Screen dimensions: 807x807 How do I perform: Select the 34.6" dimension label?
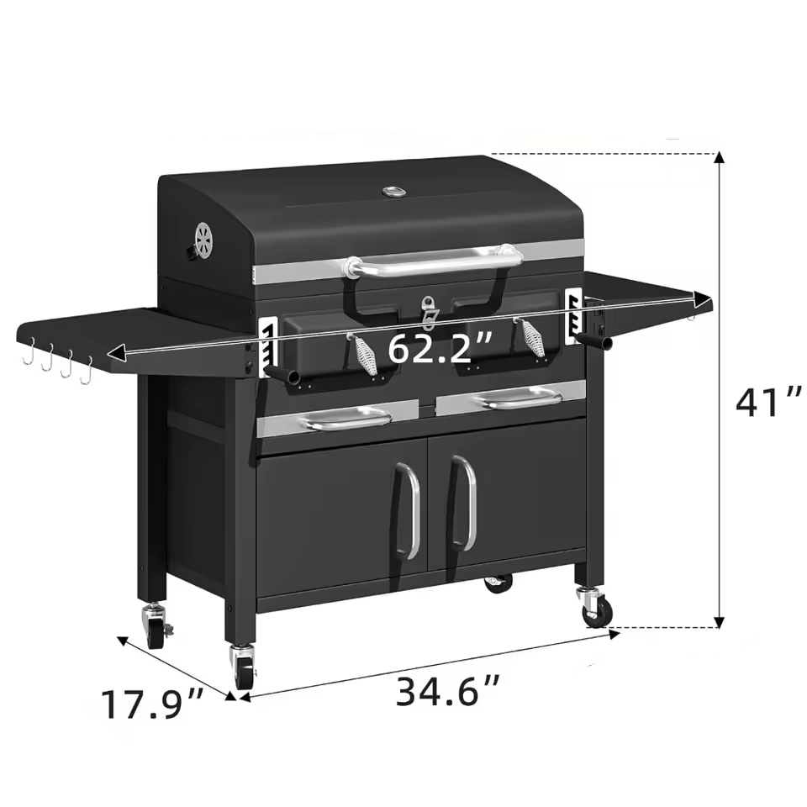(x=448, y=691)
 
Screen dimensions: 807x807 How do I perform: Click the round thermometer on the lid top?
(x=394, y=192)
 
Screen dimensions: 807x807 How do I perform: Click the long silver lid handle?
(x=432, y=262)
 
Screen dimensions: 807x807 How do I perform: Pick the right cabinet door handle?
(x=464, y=504)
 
